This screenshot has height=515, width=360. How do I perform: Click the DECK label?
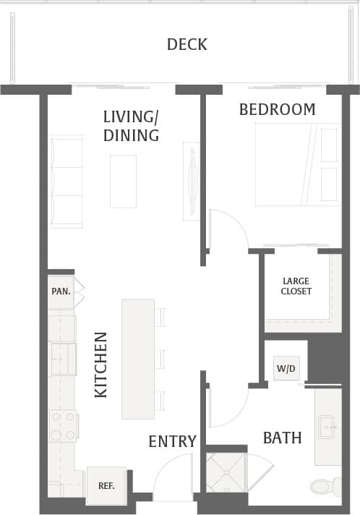(187, 45)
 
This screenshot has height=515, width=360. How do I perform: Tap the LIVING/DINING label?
(131, 125)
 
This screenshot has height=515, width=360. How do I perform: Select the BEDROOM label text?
(277, 109)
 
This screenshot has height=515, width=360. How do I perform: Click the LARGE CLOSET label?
(297, 286)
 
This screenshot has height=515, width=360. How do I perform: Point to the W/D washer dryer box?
(286, 368)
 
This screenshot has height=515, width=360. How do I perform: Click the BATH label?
(282, 438)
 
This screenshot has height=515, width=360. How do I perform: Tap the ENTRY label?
(172, 441)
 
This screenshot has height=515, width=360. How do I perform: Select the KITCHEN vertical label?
(101, 365)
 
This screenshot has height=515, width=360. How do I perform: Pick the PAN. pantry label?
(60, 291)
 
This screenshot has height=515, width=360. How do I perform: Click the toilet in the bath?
(326, 485)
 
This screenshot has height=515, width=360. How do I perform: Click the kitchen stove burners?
(62, 425)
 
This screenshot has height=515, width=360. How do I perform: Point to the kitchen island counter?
(137, 359)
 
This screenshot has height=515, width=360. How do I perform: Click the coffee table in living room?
(123, 181)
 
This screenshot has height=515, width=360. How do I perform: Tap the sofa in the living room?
(65, 181)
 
